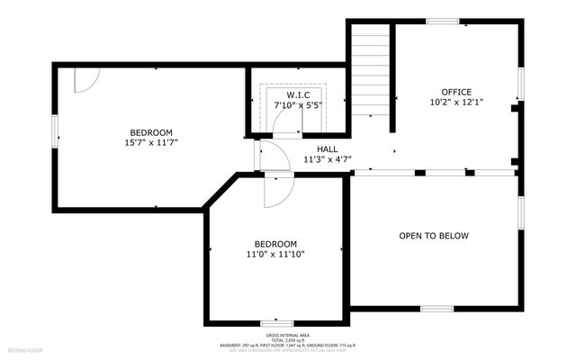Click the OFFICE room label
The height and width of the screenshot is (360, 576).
[455, 92]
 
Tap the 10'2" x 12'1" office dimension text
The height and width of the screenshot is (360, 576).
[455, 102]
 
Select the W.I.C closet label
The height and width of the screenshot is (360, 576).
[299, 94]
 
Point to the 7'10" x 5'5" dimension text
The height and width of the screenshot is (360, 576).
[299, 105]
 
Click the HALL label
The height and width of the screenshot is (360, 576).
[327, 149]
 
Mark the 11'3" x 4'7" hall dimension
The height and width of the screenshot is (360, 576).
[327, 160]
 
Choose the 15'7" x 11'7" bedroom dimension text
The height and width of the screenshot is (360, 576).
[151, 142]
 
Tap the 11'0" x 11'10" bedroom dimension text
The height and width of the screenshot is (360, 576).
[275, 255]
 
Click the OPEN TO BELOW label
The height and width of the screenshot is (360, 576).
[434, 236]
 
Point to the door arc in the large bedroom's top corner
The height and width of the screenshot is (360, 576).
[84, 79]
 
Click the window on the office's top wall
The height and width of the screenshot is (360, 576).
[442, 21]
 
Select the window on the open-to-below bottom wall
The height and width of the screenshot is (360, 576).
[436, 309]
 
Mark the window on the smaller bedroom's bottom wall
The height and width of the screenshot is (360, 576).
[275, 323]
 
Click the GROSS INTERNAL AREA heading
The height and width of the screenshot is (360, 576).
[288, 333]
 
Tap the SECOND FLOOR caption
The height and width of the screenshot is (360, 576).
[25, 349]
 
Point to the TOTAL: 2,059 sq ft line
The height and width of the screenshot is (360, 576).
[288, 338]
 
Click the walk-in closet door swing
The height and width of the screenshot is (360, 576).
[286, 126]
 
